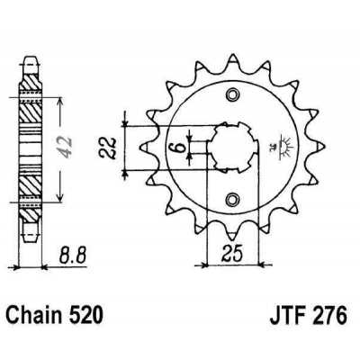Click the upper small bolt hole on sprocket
[235, 95]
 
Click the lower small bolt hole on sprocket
[235, 199]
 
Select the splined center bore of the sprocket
[233, 147]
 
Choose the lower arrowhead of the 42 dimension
[59, 200]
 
